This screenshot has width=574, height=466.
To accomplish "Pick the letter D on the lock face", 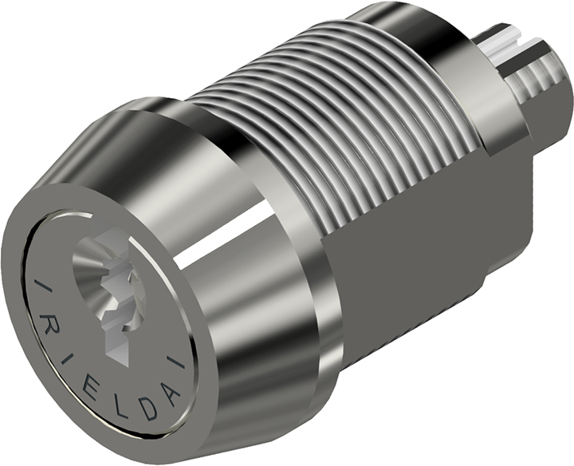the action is pos(149,409).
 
